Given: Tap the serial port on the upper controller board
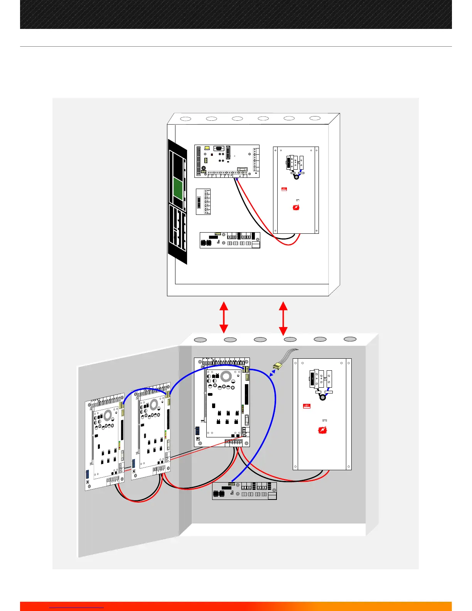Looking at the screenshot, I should pyautogui.click(x=219, y=149).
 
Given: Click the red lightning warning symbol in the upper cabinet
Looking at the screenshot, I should pyautogui.click(x=296, y=208).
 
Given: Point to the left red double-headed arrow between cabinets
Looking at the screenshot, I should pyautogui.click(x=224, y=317).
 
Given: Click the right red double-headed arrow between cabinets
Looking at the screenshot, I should pyautogui.click(x=283, y=318).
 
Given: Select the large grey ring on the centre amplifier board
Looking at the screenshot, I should pyautogui.click(x=226, y=376).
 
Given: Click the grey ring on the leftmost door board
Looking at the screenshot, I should pyautogui.click(x=108, y=415).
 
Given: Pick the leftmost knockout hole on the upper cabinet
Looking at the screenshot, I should pyautogui.click(x=185, y=119).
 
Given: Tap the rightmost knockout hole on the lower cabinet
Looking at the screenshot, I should pyautogui.click(x=350, y=339).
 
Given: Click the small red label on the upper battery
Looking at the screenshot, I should pyautogui.click(x=284, y=189).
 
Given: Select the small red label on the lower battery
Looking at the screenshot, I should pyautogui.click(x=307, y=406).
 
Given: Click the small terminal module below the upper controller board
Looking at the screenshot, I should pyautogui.click(x=203, y=201).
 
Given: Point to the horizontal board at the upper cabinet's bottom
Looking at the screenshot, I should pyautogui.click(x=230, y=240).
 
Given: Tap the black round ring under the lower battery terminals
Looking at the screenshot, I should pyautogui.click(x=323, y=397).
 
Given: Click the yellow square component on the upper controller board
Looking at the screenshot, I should pyautogui.click(x=207, y=148).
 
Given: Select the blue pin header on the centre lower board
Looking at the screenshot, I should pyautogui.click(x=197, y=430).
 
